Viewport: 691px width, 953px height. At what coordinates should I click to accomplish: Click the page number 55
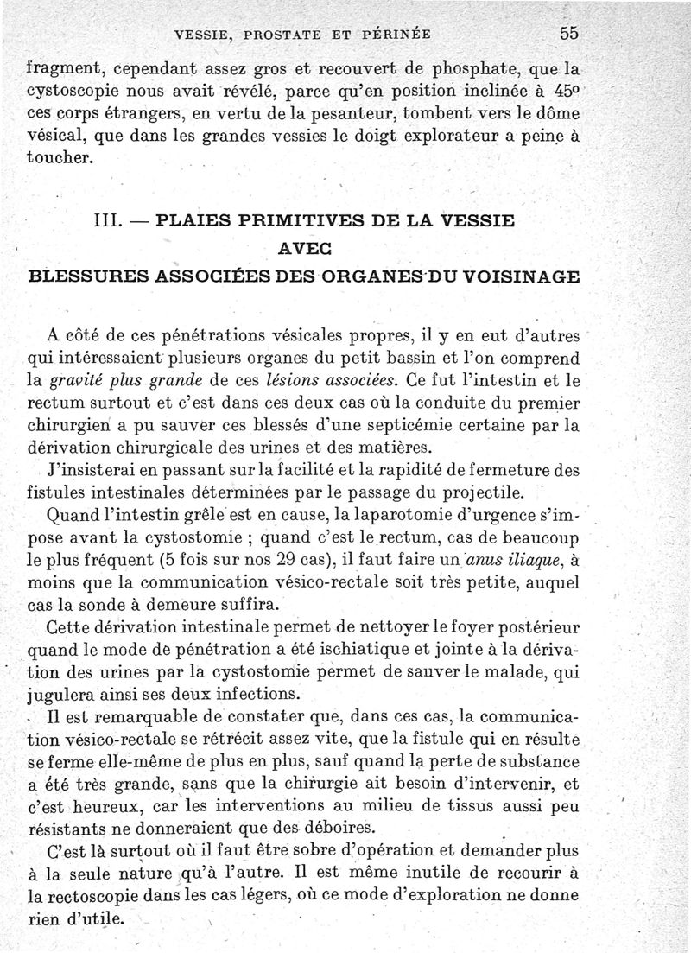point(568,34)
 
